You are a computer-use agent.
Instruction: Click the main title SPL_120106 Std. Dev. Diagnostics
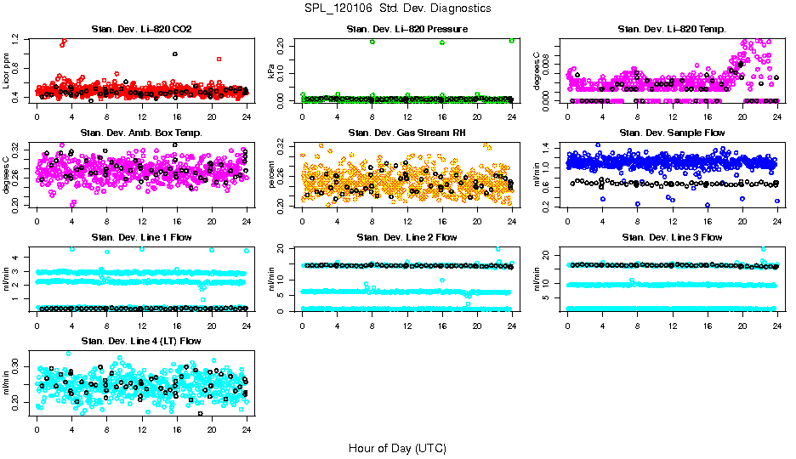point(397,8)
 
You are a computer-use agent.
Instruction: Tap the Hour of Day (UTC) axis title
point(397,447)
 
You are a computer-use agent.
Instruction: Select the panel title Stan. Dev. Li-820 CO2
point(141,30)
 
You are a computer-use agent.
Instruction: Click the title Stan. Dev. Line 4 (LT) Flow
point(141,341)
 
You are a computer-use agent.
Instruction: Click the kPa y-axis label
point(272,71)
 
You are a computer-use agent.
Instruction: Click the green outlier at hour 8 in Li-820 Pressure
point(372,42)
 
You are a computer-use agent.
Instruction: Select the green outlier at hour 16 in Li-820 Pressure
point(442,42)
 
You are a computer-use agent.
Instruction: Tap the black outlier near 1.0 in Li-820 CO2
point(175,54)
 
